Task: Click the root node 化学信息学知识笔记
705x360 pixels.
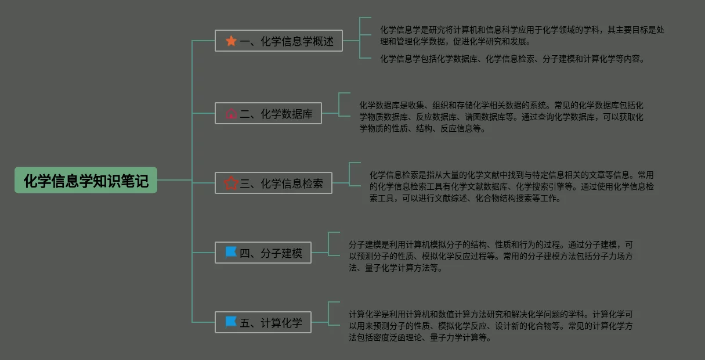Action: coord(86,180)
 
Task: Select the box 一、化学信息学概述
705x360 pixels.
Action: coord(279,41)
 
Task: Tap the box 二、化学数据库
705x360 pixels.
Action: coord(268,113)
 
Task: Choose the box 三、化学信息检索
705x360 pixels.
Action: coord(273,183)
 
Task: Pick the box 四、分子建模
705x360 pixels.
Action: coord(263,253)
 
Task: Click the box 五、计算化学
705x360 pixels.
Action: coord(263,322)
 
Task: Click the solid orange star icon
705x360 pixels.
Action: coord(231,41)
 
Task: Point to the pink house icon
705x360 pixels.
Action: coord(231,114)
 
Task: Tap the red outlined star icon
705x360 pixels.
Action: coord(231,183)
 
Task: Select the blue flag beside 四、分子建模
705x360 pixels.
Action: coord(231,252)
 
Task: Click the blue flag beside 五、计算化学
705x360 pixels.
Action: coord(231,322)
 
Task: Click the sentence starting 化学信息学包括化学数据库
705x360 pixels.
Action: coord(513,59)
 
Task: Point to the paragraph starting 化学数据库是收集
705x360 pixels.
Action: coord(501,117)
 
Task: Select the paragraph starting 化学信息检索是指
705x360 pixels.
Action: coord(511,186)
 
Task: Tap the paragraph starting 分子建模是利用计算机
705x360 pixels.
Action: coord(491,256)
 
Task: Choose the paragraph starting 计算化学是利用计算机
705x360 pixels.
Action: coord(491,326)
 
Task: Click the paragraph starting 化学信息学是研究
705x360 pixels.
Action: coord(522,35)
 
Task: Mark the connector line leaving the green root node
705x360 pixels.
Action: coord(175,180)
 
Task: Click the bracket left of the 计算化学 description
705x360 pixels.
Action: coord(328,314)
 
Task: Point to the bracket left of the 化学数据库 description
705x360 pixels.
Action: coord(339,105)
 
